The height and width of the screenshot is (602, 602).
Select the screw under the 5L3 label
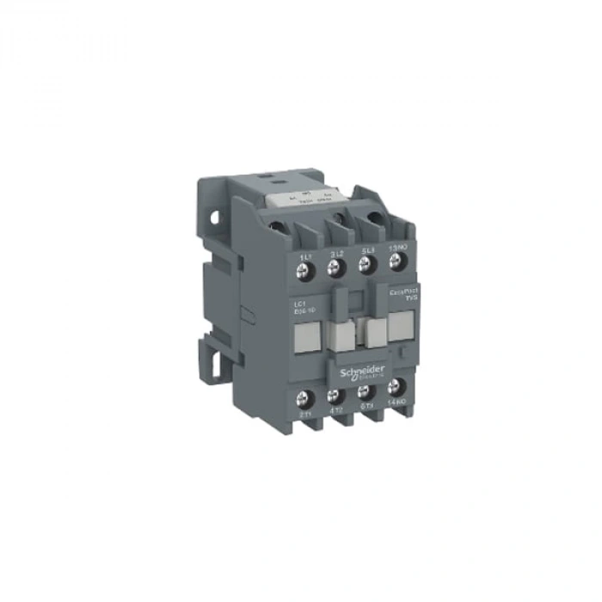pos(366,267)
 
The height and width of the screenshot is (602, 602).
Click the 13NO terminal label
pos(396,249)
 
